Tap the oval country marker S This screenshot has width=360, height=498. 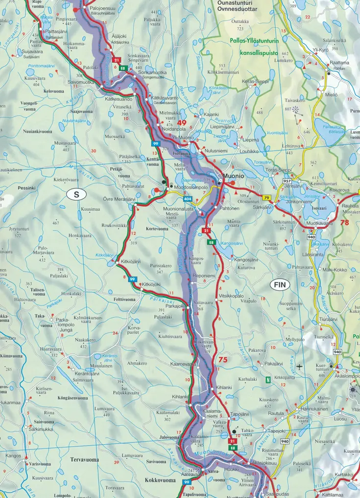pyautogui.click(x=76, y=195)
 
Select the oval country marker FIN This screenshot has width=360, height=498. pyautogui.click(x=279, y=284)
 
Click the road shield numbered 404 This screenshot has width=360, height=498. pyautogui.click(x=188, y=199)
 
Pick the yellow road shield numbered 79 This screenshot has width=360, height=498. pyautogui.click(x=266, y=198)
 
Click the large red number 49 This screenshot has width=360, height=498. pyautogui.click(x=182, y=123)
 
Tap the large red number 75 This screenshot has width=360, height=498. pyautogui.click(x=223, y=360)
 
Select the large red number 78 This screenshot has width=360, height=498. pyautogui.click(x=344, y=222)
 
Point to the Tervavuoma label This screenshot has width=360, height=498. pyautogui.click(x=84, y=460)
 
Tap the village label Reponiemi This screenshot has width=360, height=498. pyautogui.click(x=204, y=276)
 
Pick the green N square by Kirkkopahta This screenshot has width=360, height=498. pyautogui.click(x=267, y=379)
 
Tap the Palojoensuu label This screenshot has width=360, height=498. pyautogui.click(x=103, y=8)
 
